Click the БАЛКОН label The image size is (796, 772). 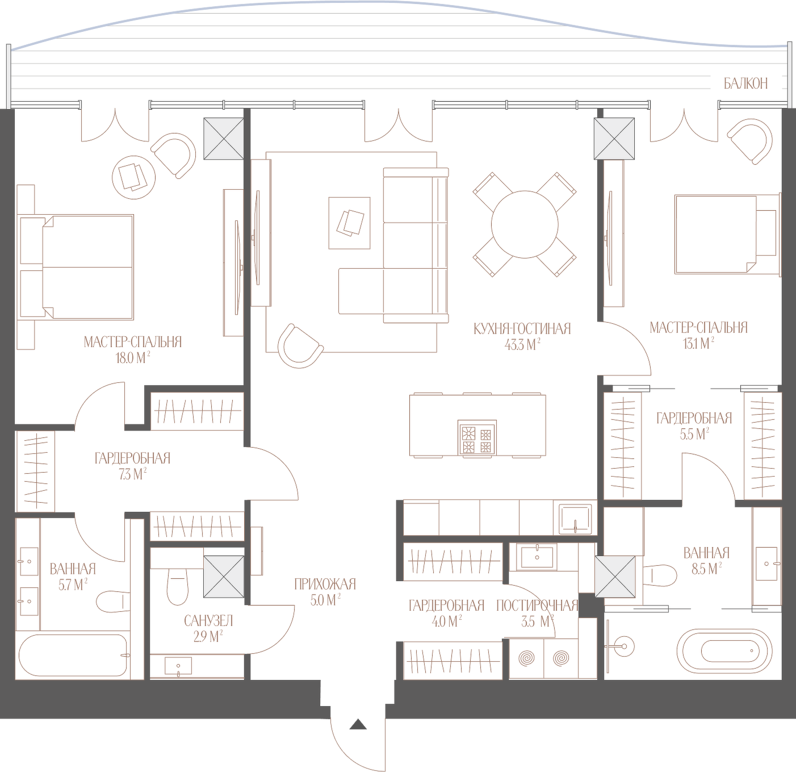[x=745, y=84]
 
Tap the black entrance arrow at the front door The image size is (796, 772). [x=358, y=724]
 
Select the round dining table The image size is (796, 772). [x=525, y=224]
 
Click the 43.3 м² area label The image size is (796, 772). [x=522, y=345]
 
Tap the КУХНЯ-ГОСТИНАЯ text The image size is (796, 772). [x=522, y=328]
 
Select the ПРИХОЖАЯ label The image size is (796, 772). [x=325, y=584]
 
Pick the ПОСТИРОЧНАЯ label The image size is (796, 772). [x=537, y=606]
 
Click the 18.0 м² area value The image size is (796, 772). [x=132, y=358]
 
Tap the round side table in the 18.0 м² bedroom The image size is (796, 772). [x=134, y=177]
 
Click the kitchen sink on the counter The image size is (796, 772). [x=575, y=519]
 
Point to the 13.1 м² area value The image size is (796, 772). [x=698, y=343]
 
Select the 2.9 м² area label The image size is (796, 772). [x=208, y=637]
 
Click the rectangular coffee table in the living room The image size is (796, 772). [x=349, y=223]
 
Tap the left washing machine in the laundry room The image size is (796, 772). [x=527, y=658]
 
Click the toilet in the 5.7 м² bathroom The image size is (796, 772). [x=113, y=601]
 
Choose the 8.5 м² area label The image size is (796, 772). [x=707, y=569]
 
